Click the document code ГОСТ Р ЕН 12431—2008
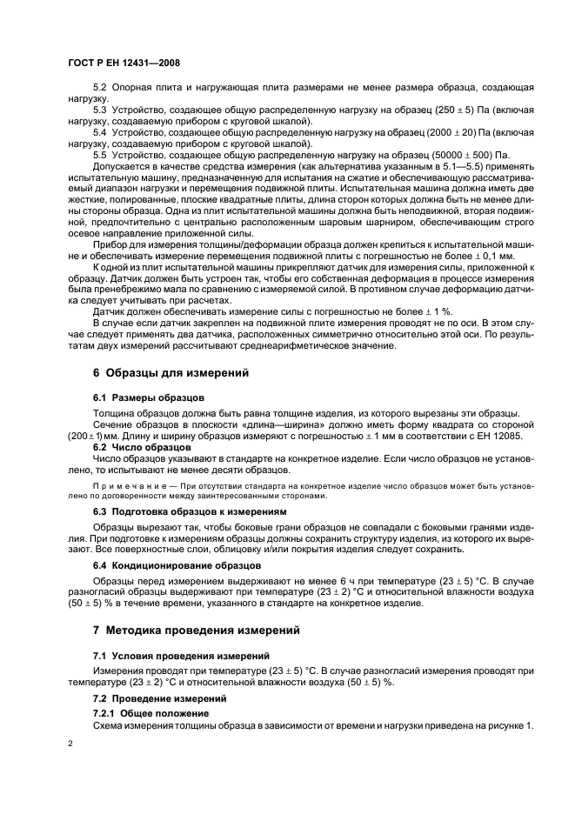(x=124, y=63)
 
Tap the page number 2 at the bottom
(x=70, y=744)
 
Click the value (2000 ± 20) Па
(x=449, y=132)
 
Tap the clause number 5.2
(x=100, y=90)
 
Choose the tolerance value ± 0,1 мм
(x=494, y=256)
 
